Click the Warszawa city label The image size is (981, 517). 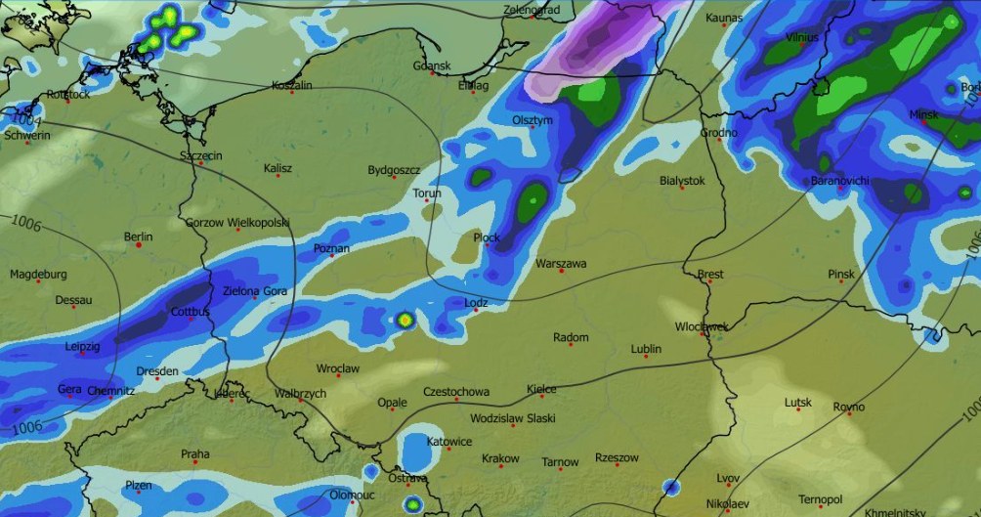[561, 264]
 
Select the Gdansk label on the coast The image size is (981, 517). [432, 65]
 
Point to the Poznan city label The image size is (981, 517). [331, 249]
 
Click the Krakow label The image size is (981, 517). [500, 458]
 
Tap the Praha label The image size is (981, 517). [194, 454]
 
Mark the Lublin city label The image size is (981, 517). [646, 349]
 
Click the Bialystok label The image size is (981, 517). [682, 181]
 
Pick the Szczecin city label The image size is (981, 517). [201, 155]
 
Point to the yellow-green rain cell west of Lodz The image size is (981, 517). [405, 319]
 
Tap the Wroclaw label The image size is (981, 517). [338, 368]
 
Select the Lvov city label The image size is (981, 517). [728, 478]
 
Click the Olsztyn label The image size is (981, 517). [533, 120]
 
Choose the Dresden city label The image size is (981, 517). [157, 371]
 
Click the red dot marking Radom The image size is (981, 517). [571, 347]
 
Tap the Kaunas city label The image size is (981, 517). [724, 18]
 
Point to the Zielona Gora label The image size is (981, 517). [255, 291]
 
